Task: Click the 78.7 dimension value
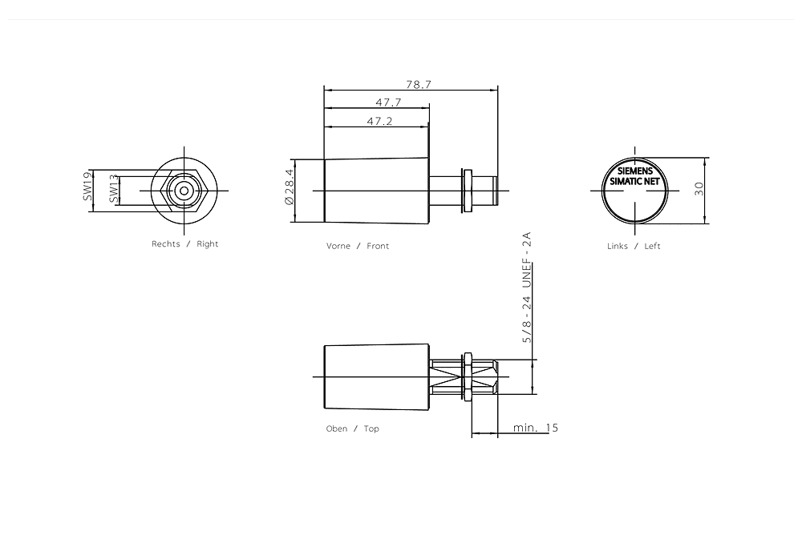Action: [x=418, y=83]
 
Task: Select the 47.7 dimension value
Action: [x=388, y=103]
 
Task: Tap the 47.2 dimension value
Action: [x=379, y=121]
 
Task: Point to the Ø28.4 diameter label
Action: [x=290, y=191]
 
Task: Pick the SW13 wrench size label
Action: [x=113, y=190]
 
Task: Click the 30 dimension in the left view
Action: [x=699, y=189]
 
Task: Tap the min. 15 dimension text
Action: [x=536, y=428]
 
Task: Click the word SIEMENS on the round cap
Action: [x=634, y=171]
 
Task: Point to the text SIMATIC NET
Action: [x=634, y=182]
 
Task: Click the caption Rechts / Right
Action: [x=184, y=243]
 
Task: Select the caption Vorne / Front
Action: [x=358, y=246]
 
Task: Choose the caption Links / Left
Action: [x=634, y=246]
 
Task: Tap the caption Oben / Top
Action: [x=352, y=428]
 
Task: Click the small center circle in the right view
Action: [x=184, y=190]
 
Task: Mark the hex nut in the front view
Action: [x=466, y=191]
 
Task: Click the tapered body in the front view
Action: [x=375, y=191]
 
